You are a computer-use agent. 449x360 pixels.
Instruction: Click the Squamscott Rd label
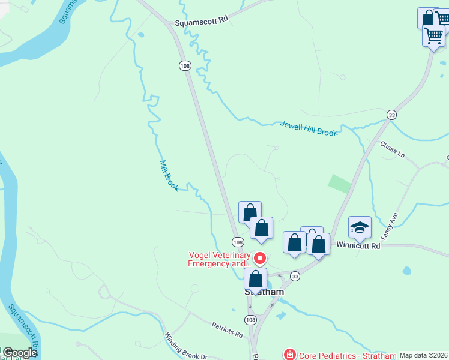click(x=202, y=20)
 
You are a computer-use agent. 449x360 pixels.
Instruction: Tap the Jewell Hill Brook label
click(x=309, y=128)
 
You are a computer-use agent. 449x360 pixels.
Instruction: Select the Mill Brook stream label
click(x=169, y=176)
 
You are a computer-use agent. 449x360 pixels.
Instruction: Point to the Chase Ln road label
click(x=393, y=149)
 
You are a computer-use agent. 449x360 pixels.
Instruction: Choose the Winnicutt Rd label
click(x=358, y=245)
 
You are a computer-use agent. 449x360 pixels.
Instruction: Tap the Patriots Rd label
click(x=226, y=329)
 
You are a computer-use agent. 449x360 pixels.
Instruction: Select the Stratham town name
click(x=264, y=292)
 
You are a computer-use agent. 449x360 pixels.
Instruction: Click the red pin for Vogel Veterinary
click(x=260, y=259)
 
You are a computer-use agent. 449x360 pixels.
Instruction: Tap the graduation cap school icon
click(x=360, y=227)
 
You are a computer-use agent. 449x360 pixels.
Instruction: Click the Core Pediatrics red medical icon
click(x=289, y=355)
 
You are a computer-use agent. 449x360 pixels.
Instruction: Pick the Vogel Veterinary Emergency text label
click(x=219, y=259)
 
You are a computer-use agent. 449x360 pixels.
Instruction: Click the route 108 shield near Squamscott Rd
click(x=182, y=65)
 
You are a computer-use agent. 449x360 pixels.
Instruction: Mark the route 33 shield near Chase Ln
click(x=392, y=115)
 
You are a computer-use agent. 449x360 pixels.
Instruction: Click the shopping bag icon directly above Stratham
click(x=256, y=279)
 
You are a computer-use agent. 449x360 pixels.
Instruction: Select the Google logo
click(x=20, y=353)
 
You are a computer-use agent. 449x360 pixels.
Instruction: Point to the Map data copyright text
click(x=423, y=355)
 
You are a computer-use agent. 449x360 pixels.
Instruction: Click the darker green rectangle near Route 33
click(x=340, y=184)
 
